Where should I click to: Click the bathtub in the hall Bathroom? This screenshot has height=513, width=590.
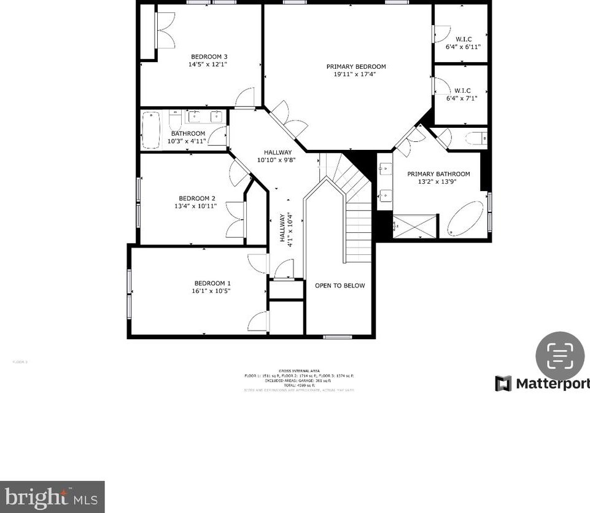[151, 130]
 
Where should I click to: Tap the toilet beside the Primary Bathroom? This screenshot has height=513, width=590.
[475, 137]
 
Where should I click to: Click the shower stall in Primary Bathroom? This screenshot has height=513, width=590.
[416, 226]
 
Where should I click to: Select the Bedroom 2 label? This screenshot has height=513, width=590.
[196, 198]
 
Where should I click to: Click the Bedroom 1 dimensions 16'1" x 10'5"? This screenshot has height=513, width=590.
[211, 291]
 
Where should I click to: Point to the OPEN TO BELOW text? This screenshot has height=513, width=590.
[340, 286]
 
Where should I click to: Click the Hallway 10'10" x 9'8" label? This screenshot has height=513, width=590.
[278, 156]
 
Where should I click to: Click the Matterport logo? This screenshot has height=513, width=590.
[542, 383]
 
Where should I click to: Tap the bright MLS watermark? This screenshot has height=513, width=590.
[52, 496]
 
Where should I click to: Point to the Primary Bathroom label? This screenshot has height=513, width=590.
[438, 174]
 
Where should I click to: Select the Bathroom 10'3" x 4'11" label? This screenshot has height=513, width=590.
[187, 137]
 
